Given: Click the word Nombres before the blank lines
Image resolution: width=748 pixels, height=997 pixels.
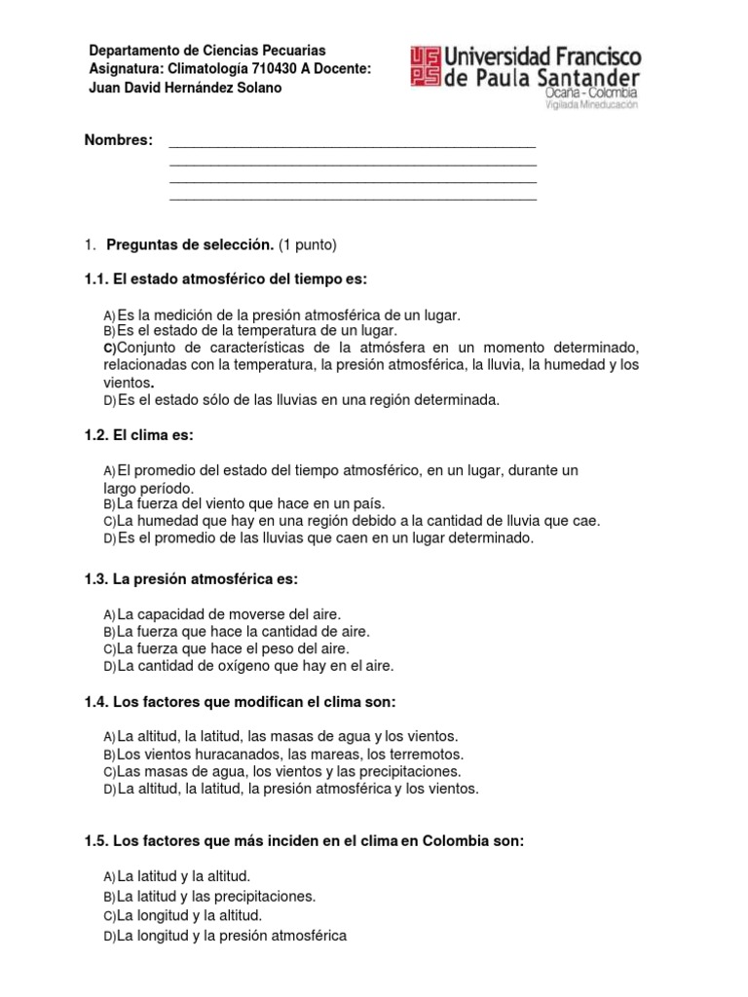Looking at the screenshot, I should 119,141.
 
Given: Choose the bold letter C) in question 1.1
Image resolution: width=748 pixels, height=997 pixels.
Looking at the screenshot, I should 109,348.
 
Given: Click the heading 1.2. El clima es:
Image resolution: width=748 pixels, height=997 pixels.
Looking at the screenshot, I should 146,434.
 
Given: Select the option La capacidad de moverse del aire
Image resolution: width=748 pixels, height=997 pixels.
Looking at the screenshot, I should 229,614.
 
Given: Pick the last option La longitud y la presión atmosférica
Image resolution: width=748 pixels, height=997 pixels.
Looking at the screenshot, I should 231,936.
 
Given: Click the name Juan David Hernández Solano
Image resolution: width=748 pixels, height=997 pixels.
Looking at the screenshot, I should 185,89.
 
